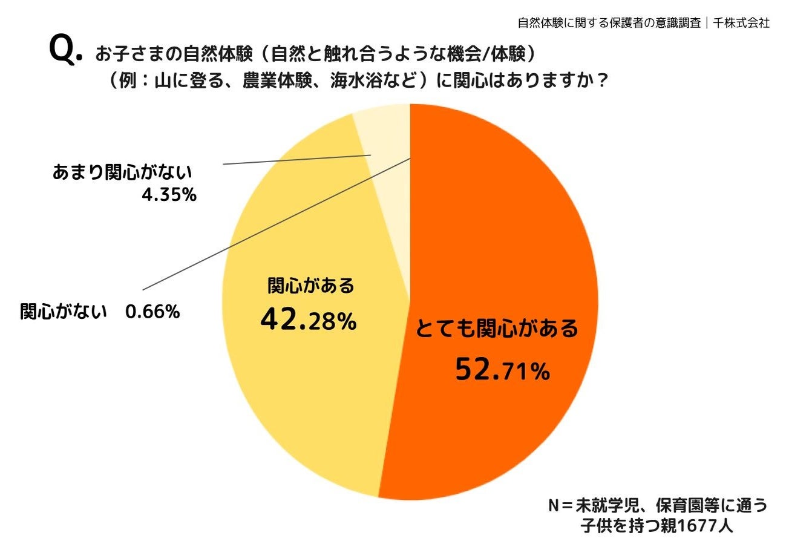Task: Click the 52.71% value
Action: click(x=502, y=370)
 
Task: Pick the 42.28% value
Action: click(x=308, y=321)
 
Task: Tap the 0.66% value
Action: click(x=152, y=312)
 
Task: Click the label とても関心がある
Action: click(x=496, y=330)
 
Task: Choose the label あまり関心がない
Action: click(x=122, y=172)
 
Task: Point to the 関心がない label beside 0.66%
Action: click(x=64, y=312)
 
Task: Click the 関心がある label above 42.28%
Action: click(x=310, y=286)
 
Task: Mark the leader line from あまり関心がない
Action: click(x=296, y=160)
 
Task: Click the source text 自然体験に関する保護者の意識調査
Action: click(x=609, y=23)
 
